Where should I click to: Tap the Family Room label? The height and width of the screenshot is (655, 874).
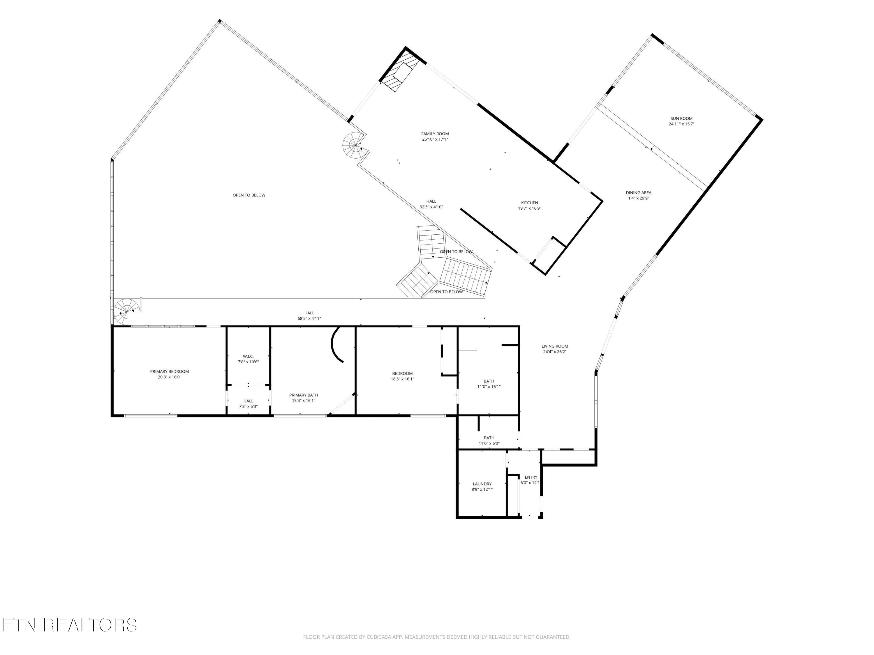(x=435, y=134)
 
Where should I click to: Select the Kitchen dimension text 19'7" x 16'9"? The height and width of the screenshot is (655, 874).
(x=529, y=208)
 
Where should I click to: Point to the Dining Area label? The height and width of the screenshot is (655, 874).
(x=639, y=193)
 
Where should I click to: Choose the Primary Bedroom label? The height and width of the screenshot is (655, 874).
(x=170, y=371)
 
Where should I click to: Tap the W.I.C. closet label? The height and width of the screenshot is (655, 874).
(x=248, y=357)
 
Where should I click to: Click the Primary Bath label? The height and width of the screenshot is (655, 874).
(x=304, y=395)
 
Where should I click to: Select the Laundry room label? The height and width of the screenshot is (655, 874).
(x=482, y=484)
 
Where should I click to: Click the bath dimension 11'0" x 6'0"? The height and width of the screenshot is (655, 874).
(x=489, y=443)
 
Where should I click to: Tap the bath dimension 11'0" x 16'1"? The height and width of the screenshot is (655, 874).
(x=489, y=387)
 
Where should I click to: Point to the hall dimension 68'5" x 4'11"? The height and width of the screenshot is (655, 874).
(x=309, y=318)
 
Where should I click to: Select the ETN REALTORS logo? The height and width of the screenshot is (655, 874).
(x=70, y=625)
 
